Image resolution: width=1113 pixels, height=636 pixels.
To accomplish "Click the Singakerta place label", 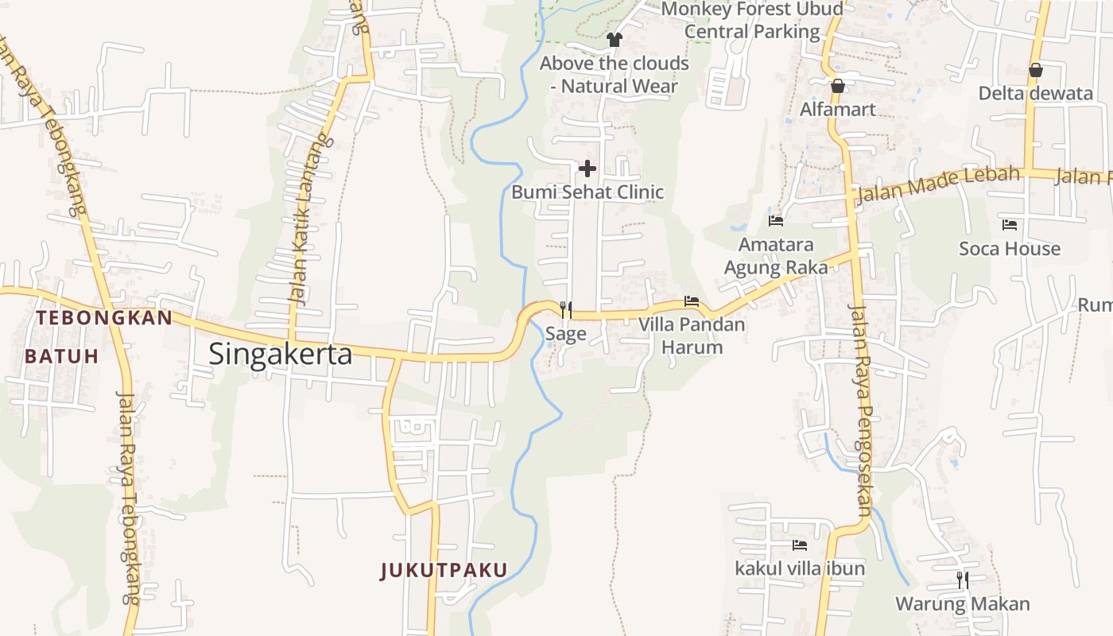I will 280,354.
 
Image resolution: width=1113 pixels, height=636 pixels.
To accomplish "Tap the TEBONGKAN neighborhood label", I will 104,318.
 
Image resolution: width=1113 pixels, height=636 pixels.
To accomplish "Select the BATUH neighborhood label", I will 61,356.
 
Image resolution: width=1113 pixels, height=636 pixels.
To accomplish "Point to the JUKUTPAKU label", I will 444,570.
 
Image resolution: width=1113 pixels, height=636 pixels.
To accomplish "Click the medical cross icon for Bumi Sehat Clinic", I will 588,169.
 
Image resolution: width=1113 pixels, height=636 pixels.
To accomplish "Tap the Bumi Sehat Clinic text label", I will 588,192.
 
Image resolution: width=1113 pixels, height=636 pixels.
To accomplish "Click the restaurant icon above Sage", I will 565,309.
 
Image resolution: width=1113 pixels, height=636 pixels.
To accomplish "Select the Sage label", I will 565,334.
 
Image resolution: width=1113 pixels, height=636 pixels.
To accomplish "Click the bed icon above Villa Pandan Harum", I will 692,301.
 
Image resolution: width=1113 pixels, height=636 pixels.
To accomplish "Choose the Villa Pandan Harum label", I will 692,335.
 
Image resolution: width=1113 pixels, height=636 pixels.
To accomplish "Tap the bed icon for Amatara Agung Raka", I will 776,220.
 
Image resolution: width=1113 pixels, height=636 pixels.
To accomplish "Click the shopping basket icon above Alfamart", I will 837,86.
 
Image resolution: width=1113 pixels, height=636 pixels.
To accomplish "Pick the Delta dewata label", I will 1035,93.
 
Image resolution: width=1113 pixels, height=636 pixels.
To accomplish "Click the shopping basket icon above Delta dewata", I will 1035,70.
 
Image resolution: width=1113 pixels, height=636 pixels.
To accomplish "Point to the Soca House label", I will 1010,249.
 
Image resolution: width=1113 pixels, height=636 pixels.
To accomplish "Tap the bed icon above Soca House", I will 1010,225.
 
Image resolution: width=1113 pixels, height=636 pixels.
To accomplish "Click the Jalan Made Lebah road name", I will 938,184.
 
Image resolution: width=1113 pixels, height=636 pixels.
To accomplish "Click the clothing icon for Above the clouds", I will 614,39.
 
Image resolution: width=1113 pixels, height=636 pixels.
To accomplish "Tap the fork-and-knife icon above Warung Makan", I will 963,580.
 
